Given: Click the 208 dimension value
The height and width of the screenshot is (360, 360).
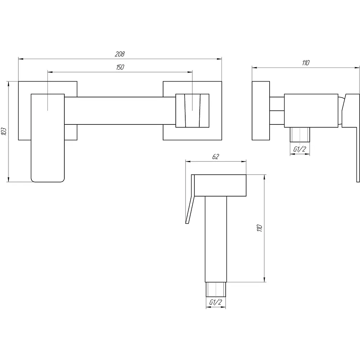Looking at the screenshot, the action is tap(120, 54).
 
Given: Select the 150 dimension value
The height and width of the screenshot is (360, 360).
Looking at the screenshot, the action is tap(120, 67).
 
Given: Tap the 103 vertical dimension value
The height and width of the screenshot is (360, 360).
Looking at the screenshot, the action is tap(4, 131).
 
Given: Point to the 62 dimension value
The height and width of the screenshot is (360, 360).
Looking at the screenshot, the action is tap(216, 156).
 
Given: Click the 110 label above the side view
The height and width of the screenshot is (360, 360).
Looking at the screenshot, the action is tap(306, 63).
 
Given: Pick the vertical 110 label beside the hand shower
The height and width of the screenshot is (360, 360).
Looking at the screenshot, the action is tap(259, 228).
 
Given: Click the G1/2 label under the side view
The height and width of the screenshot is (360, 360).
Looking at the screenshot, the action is tap(300, 149).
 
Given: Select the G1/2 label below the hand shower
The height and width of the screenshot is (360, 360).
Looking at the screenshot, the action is tap(216, 302).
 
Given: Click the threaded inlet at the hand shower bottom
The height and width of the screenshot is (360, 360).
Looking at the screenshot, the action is tap(216, 290).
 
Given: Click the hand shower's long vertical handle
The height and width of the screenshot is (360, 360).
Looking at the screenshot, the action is tap(216, 239).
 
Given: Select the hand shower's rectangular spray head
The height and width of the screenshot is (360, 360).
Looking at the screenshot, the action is tap(220, 186).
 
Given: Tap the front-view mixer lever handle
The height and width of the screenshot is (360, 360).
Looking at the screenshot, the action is tap(48, 138).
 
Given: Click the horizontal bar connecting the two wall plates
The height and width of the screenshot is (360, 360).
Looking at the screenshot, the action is tap(120, 111).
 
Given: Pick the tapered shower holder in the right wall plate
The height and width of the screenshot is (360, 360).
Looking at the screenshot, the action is tap(192, 111).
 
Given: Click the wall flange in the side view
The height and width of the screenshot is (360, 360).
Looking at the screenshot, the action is tap(261, 111).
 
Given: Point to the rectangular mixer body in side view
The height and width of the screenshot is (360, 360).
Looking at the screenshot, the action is tap(311, 111).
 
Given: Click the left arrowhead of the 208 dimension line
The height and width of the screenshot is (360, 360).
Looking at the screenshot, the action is tap(21, 59).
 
